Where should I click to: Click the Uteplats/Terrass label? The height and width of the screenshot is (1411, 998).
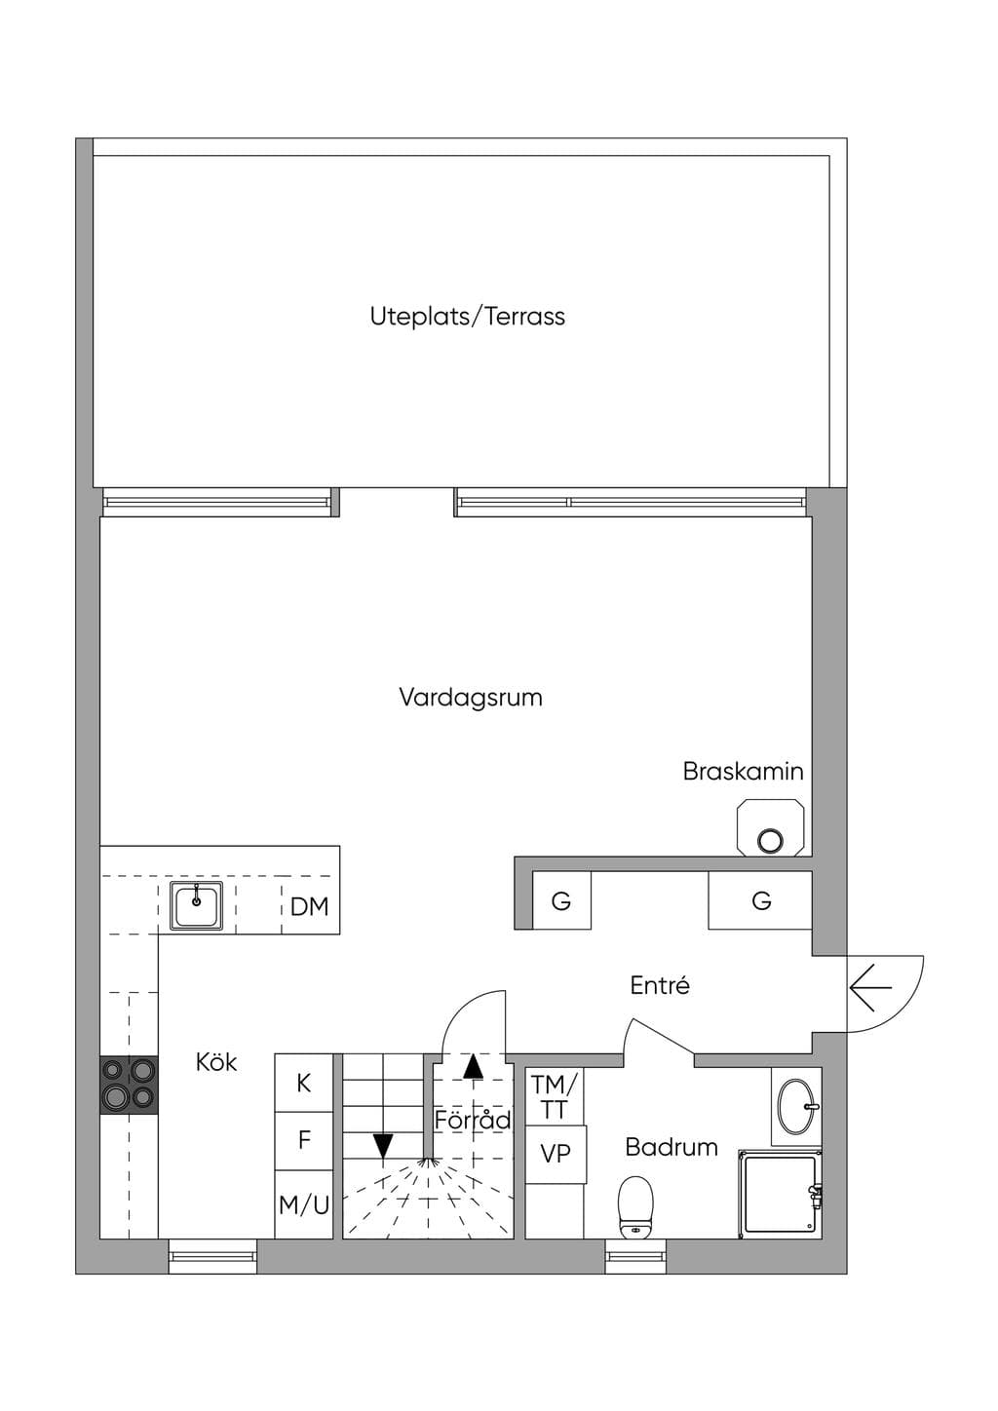pyautogui.click(x=467, y=317)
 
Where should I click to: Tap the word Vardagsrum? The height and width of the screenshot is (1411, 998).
pyautogui.click(x=471, y=698)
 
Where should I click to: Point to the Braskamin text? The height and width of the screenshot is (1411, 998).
pyautogui.click(x=743, y=771)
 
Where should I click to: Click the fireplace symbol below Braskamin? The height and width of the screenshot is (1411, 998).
pyautogui.click(x=771, y=827)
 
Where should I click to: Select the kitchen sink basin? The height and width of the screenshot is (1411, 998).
pyautogui.click(x=196, y=905)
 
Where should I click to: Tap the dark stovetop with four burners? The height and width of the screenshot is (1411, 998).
pyautogui.click(x=129, y=1085)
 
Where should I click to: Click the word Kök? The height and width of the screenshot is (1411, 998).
pyautogui.click(x=216, y=1062)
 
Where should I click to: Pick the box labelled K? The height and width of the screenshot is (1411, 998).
pyautogui.click(x=304, y=1083)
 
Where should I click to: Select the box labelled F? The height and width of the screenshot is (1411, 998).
pyautogui.click(x=304, y=1141)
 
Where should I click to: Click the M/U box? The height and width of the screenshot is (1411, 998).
pyautogui.click(x=304, y=1204)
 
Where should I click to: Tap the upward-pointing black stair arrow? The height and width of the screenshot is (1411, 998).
pyautogui.click(x=473, y=1066)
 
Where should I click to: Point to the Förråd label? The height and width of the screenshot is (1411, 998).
pyautogui.click(x=473, y=1120)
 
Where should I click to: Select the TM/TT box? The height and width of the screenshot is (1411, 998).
pyautogui.click(x=555, y=1096)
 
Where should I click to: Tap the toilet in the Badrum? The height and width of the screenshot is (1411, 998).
pyautogui.click(x=635, y=1207)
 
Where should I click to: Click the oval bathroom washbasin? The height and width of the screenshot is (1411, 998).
pyautogui.click(x=796, y=1107)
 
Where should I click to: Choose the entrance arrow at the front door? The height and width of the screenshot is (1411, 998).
pyautogui.click(x=870, y=987)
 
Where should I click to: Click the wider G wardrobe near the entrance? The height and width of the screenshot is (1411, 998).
pyautogui.click(x=760, y=900)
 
